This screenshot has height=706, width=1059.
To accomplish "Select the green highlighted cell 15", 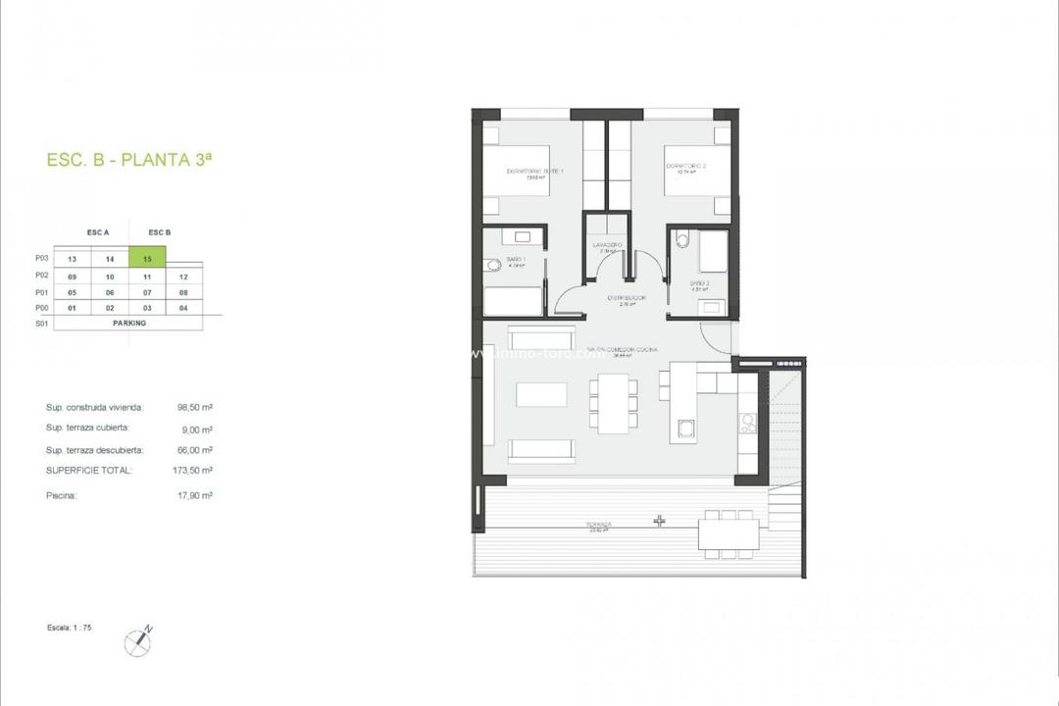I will tap(147, 259).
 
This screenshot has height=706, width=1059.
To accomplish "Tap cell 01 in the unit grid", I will tap(72, 308).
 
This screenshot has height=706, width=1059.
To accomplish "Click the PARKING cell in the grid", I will tap(128, 323).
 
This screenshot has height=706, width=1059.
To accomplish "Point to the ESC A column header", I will tap(98, 232).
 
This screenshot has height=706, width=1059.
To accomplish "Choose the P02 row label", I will tap(41, 276).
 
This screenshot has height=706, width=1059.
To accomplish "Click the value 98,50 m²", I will tap(195, 407).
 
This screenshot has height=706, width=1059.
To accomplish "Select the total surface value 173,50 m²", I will tap(194, 471).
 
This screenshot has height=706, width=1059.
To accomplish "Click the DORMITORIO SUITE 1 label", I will tap(533, 172).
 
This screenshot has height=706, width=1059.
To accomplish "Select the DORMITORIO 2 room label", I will tap(686, 167).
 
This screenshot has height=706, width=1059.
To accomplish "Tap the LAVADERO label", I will tap(607, 244).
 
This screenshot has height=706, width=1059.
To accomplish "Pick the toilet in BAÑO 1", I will tap(492, 265).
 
